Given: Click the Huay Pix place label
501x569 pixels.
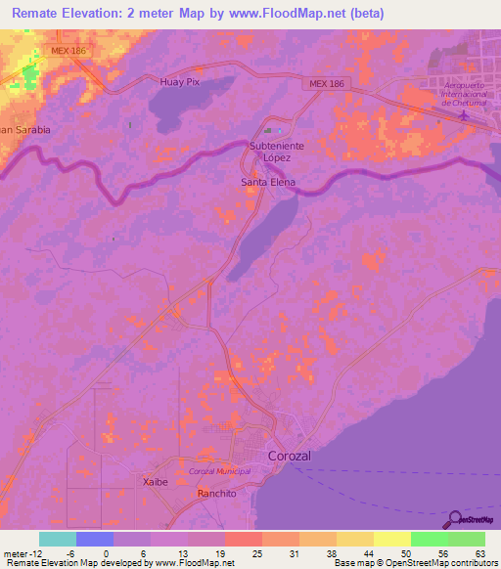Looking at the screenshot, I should tap(180, 82).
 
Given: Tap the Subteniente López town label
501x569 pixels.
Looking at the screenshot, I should tap(277, 152).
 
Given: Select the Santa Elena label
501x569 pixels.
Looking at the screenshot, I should tap(268, 182).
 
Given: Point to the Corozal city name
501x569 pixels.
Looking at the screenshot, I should tap(291, 457).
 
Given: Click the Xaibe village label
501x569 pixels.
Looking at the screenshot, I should tap(155, 482).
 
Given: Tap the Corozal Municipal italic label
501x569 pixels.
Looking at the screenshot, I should tap(219, 471).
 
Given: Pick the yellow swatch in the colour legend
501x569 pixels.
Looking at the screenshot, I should tap(391, 539).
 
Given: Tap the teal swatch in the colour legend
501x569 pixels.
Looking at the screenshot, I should tap(57, 539).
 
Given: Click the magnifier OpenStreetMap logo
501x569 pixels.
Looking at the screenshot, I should tap(457, 521).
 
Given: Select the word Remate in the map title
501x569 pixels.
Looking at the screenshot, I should tap(42, 14).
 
